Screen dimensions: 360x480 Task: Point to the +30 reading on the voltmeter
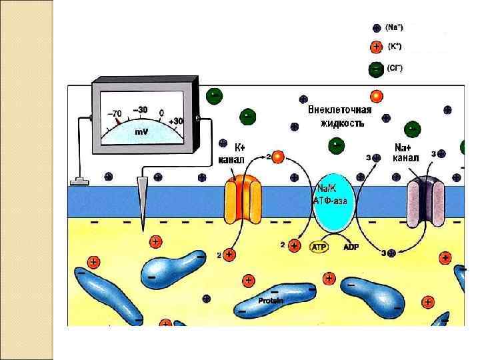click(x=176, y=121)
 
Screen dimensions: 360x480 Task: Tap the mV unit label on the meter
click(x=141, y=131)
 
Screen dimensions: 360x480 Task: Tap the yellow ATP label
click(x=320, y=247)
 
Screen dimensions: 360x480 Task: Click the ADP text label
click(x=351, y=247)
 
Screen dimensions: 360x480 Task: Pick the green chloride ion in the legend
click(x=377, y=68)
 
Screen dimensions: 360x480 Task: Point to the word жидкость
click(x=341, y=123)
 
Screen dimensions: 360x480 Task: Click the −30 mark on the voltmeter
click(x=141, y=109)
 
